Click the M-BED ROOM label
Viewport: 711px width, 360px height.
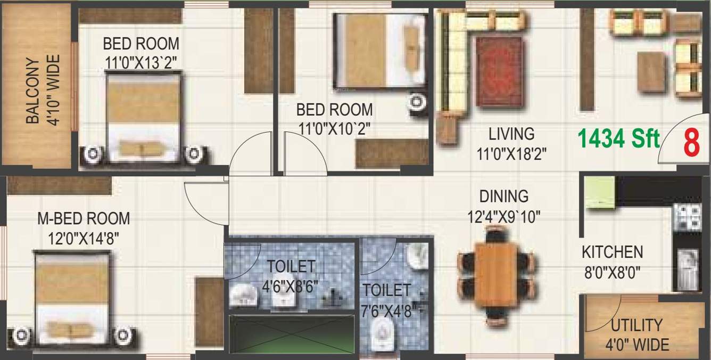tap(83, 218)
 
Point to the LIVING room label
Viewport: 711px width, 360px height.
tap(511, 133)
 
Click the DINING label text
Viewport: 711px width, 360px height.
tap(503, 196)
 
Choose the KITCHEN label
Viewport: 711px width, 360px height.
tap(612, 251)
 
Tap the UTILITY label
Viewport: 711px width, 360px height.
tap(636, 324)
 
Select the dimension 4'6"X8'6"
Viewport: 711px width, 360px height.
tap(291, 286)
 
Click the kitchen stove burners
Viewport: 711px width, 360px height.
tap(687, 217)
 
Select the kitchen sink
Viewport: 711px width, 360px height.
tap(687, 268)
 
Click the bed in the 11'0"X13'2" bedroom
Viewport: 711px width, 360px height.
tap(143, 118)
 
